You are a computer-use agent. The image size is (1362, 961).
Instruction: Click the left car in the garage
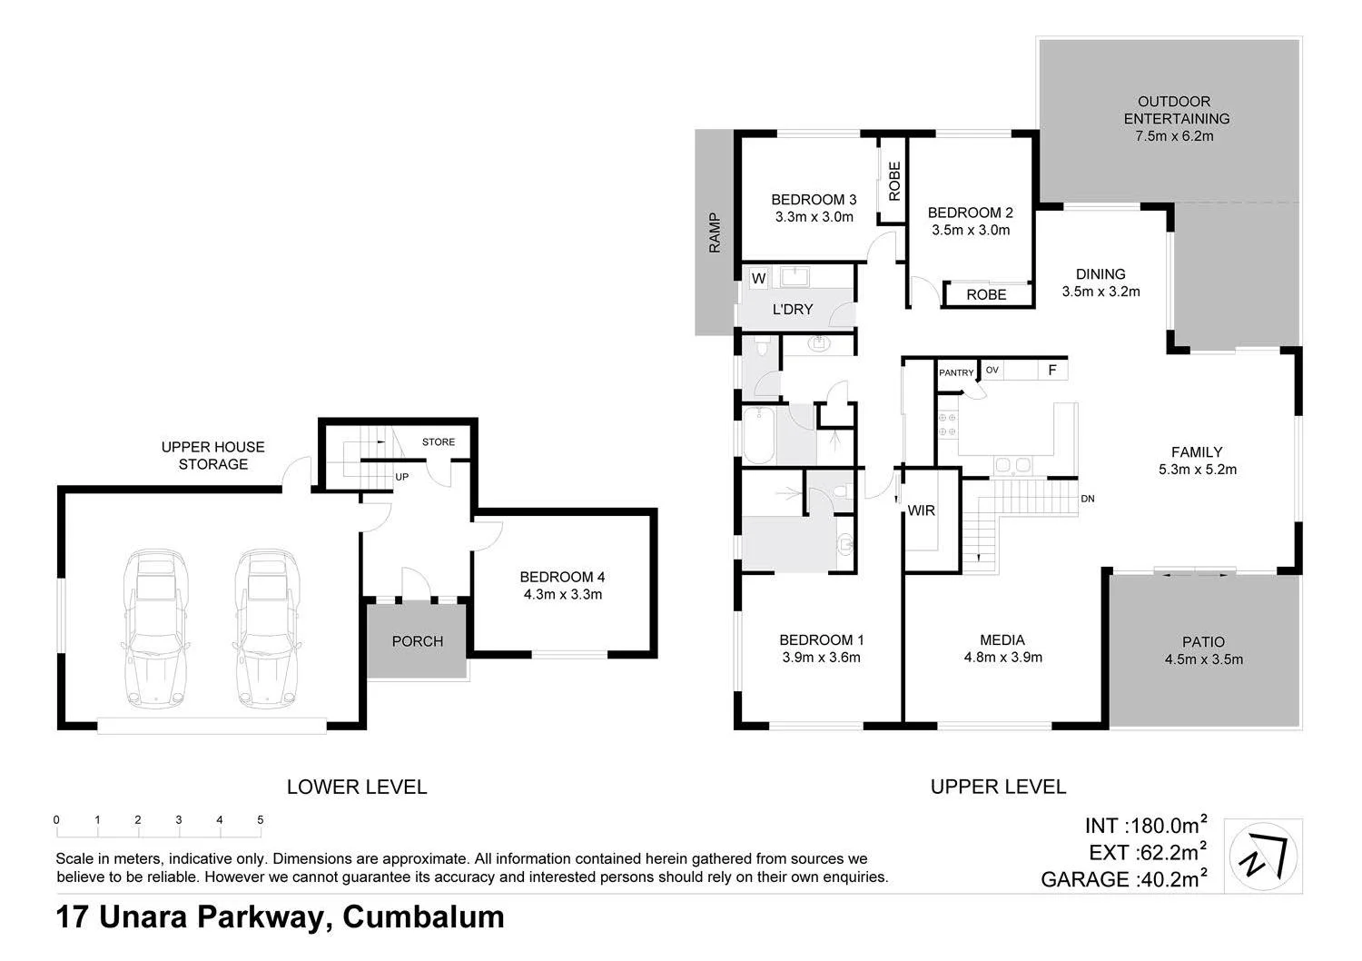(155, 628)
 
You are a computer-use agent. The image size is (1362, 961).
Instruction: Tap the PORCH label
(418, 641)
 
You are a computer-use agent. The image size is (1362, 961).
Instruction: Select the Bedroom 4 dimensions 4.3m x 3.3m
(562, 595)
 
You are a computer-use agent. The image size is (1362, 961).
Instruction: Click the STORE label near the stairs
(439, 442)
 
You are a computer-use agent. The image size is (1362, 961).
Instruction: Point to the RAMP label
(715, 233)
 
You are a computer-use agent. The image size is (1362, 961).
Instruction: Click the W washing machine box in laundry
(758, 279)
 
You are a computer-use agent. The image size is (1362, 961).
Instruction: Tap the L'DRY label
(793, 310)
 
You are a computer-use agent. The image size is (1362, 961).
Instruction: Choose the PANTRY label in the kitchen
(956, 372)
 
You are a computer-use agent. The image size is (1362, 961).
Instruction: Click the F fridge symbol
(1051, 371)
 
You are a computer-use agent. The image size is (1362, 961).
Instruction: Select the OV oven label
(992, 371)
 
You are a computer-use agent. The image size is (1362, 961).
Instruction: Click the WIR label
(922, 510)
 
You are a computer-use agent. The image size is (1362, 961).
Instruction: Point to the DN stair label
(1088, 500)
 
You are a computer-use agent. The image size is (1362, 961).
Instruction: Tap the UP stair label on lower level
(400, 477)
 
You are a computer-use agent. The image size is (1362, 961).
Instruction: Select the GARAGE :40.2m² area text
(1123, 879)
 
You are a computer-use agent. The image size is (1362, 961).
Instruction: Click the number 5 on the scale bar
(261, 820)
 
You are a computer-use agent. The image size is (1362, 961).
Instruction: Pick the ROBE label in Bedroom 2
(986, 295)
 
